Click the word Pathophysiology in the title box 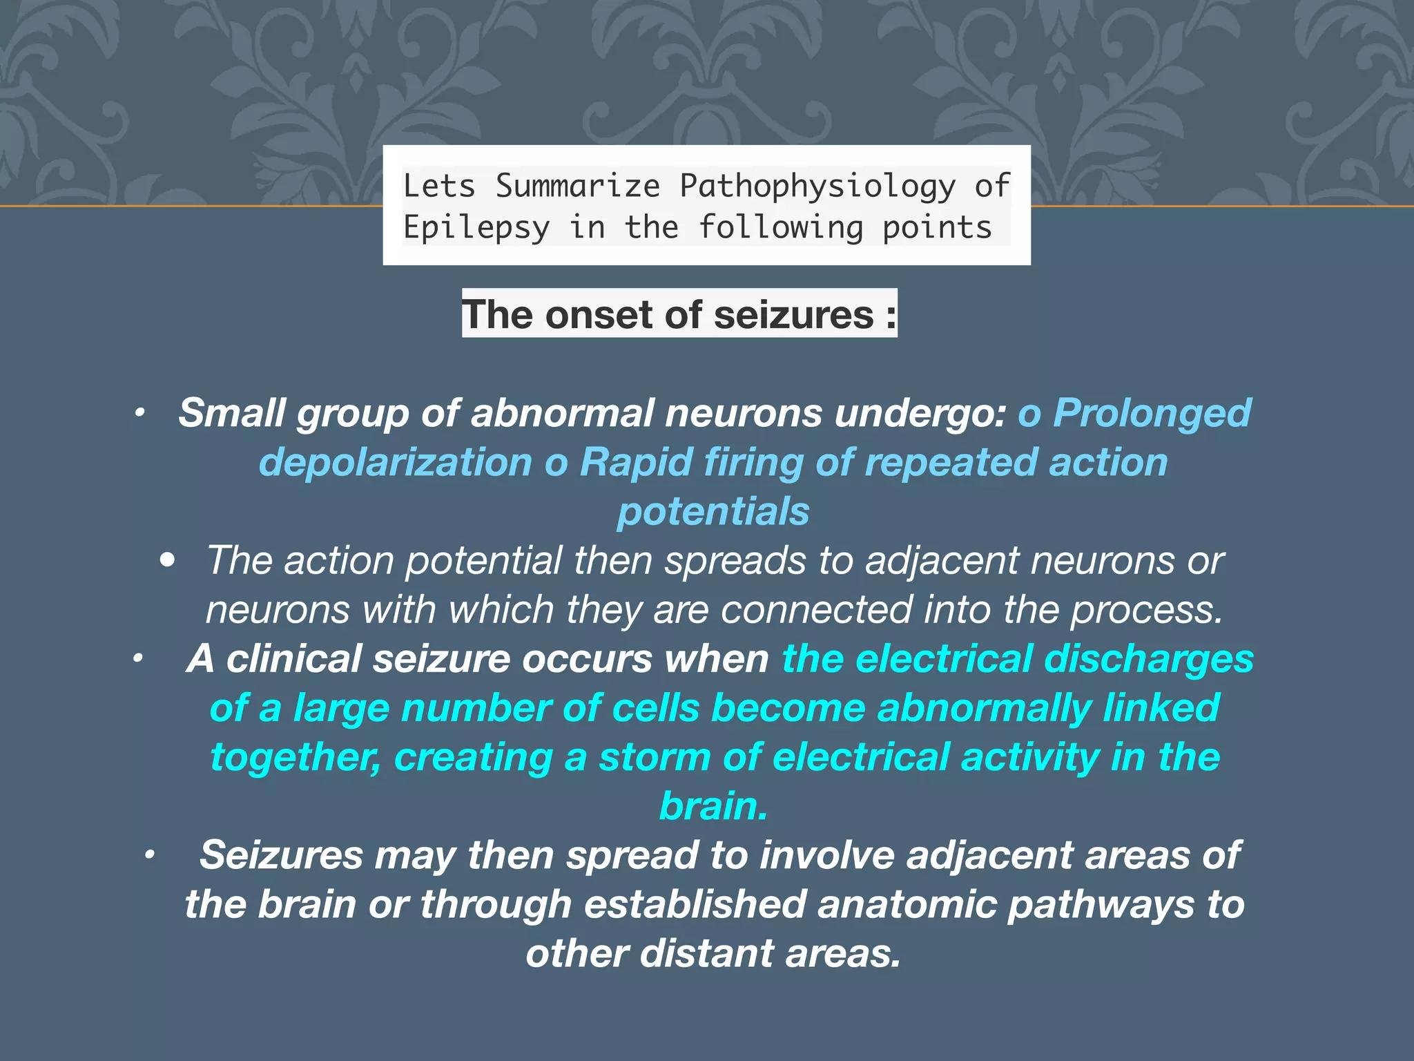click(817, 187)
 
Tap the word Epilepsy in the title click(476, 228)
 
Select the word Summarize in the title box click(578, 187)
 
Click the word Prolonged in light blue click(1152, 413)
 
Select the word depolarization click(395, 462)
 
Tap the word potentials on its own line click(713, 511)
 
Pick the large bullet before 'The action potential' click(167, 560)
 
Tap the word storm click(654, 757)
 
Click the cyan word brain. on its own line click(713, 806)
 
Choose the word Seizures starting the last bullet click(281, 855)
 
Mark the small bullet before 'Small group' click(139, 414)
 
